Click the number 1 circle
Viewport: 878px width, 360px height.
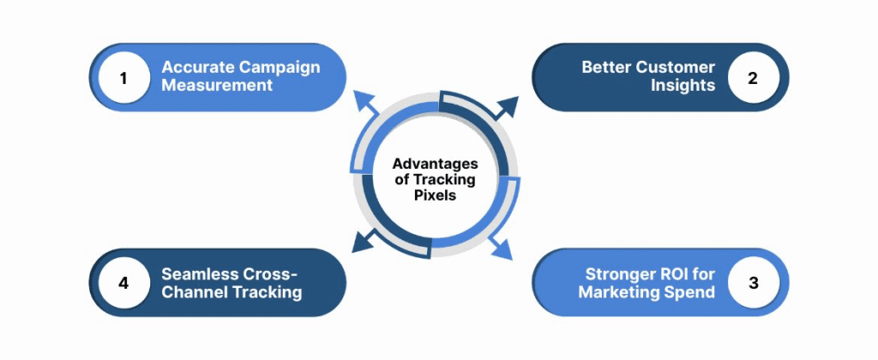click(123, 78)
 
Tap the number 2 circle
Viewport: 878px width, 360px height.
click(752, 78)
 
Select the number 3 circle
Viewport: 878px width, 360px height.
click(752, 283)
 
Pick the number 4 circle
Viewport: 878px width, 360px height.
click(123, 283)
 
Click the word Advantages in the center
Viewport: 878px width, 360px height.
click(435, 164)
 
